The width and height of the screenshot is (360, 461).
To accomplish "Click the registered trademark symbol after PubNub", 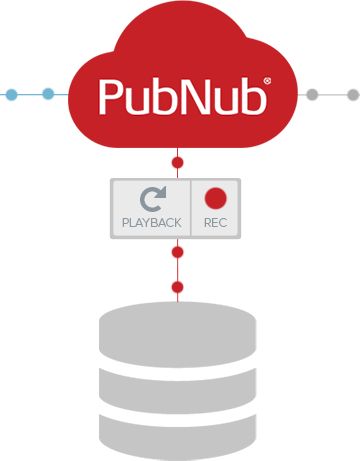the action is (x=267, y=81).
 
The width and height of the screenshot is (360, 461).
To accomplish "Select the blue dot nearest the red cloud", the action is (x=48, y=94).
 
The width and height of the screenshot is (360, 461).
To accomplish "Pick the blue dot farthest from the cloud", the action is (x=12, y=95).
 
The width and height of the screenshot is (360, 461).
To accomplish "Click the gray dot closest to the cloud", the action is (x=312, y=94).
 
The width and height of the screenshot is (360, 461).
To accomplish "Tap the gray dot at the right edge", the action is (x=354, y=95).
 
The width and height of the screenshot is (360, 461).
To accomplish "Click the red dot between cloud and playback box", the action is (x=178, y=163).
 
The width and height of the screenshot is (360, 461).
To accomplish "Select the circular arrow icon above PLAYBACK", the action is (x=153, y=199).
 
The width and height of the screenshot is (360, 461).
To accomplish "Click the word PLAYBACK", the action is (x=152, y=223).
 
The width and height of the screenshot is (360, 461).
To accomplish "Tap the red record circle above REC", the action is (x=216, y=198).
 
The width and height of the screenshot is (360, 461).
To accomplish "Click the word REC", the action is (x=216, y=223).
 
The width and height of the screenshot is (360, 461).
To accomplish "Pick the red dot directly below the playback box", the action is (x=178, y=252).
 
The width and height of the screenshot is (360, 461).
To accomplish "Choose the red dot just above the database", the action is (x=178, y=287).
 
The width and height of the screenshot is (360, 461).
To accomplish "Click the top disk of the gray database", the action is (x=178, y=335).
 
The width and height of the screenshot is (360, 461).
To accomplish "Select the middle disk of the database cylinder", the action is (x=178, y=391).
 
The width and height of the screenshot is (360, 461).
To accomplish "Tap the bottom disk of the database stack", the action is (x=178, y=437).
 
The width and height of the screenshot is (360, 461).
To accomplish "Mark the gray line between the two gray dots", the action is (x=333, y=95).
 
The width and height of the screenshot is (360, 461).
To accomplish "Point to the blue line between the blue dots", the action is (x=30, y=94).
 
